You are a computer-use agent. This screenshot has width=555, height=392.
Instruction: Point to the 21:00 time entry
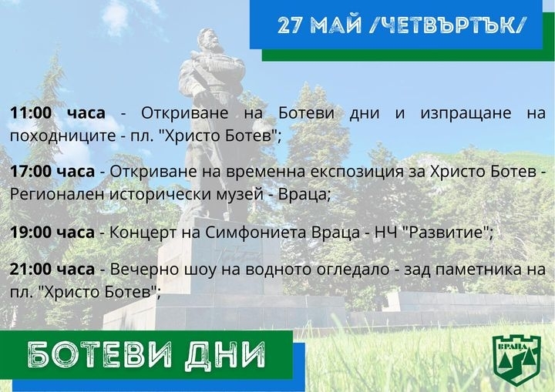click(31, 270)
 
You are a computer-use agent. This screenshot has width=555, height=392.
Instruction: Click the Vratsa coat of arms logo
click(517, 360)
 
